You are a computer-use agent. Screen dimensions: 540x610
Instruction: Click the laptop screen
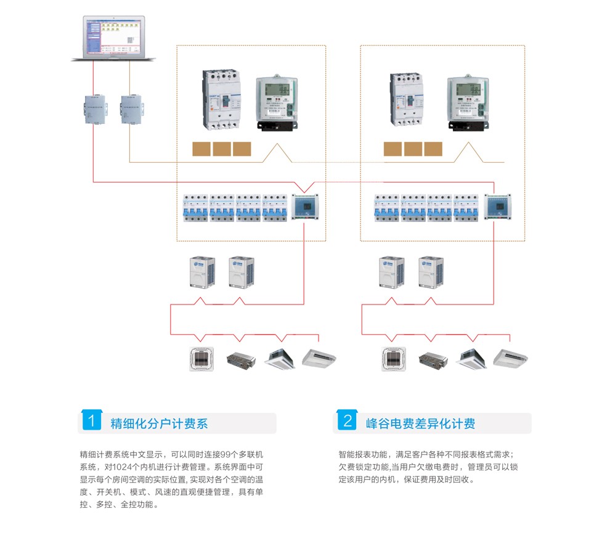point(113,36)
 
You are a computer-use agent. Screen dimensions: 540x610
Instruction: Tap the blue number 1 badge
point(91,422)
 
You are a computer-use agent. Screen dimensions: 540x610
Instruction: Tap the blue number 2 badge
point(348,422)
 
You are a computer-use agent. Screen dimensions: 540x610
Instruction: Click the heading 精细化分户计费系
point(159,423)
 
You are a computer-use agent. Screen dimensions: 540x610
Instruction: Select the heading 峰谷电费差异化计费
point(420,423)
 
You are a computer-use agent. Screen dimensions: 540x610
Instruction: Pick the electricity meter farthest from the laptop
point(468,102)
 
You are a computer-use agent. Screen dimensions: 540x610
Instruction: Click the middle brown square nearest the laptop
point(221,149)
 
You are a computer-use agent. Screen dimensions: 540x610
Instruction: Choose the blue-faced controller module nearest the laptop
point(304,207)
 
